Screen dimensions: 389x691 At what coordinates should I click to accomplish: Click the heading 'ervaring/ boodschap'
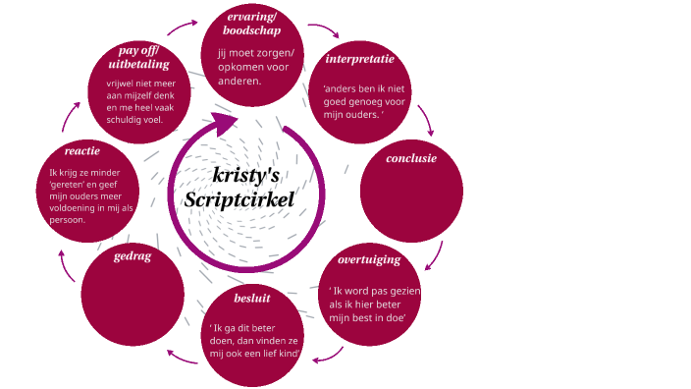click(252, 25)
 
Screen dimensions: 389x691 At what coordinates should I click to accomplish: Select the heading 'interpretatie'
click(359, 60)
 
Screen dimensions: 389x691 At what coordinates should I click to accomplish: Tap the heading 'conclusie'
click(411, 158)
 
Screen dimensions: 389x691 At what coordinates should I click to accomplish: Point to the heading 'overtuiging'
click(369, 260)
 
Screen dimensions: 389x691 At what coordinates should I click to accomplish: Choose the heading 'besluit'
click(252, 297)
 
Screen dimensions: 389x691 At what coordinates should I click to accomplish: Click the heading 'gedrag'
click(132, 255)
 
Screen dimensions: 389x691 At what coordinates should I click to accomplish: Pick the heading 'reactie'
click(82, 151)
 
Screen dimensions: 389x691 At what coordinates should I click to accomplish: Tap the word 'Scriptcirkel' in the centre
click(239, 199)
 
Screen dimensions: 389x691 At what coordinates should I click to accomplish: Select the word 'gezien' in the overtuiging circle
click(404, 292)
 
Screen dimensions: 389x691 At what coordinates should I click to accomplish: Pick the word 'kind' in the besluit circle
click(286, 352)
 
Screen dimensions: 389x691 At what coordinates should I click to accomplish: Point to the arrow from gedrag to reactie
click(65, 263)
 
